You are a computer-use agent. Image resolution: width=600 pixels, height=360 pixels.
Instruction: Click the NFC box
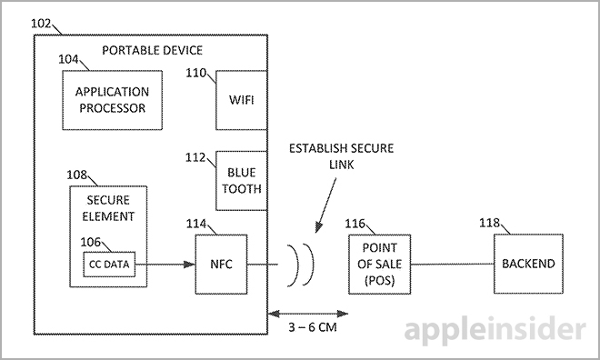[221, 265]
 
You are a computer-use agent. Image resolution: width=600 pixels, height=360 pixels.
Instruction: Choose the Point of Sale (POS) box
[379, 264]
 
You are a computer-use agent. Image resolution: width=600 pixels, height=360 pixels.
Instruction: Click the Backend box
[527, 264]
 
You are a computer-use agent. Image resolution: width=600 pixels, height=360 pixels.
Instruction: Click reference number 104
[71, 57]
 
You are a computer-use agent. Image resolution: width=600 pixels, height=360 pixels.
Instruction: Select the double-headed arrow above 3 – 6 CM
[310, 312]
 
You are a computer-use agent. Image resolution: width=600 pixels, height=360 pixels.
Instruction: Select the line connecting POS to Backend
[450, 265]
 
